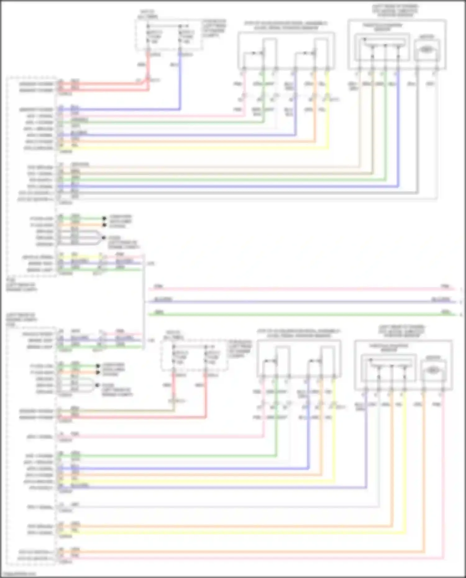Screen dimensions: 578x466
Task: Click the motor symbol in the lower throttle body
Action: pos(434,370)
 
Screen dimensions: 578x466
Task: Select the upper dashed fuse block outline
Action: pos(169,34)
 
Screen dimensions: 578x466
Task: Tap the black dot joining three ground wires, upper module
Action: pos(104,238)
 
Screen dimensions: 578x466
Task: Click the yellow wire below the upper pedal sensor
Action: pos(328,124)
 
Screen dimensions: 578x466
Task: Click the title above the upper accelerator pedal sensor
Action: pos(286,25)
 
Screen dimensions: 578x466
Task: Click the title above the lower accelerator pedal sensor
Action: pos(298,333)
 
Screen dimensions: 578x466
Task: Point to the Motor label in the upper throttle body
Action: pos(427,37)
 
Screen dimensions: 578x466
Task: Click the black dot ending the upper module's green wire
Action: pos(104,218)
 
